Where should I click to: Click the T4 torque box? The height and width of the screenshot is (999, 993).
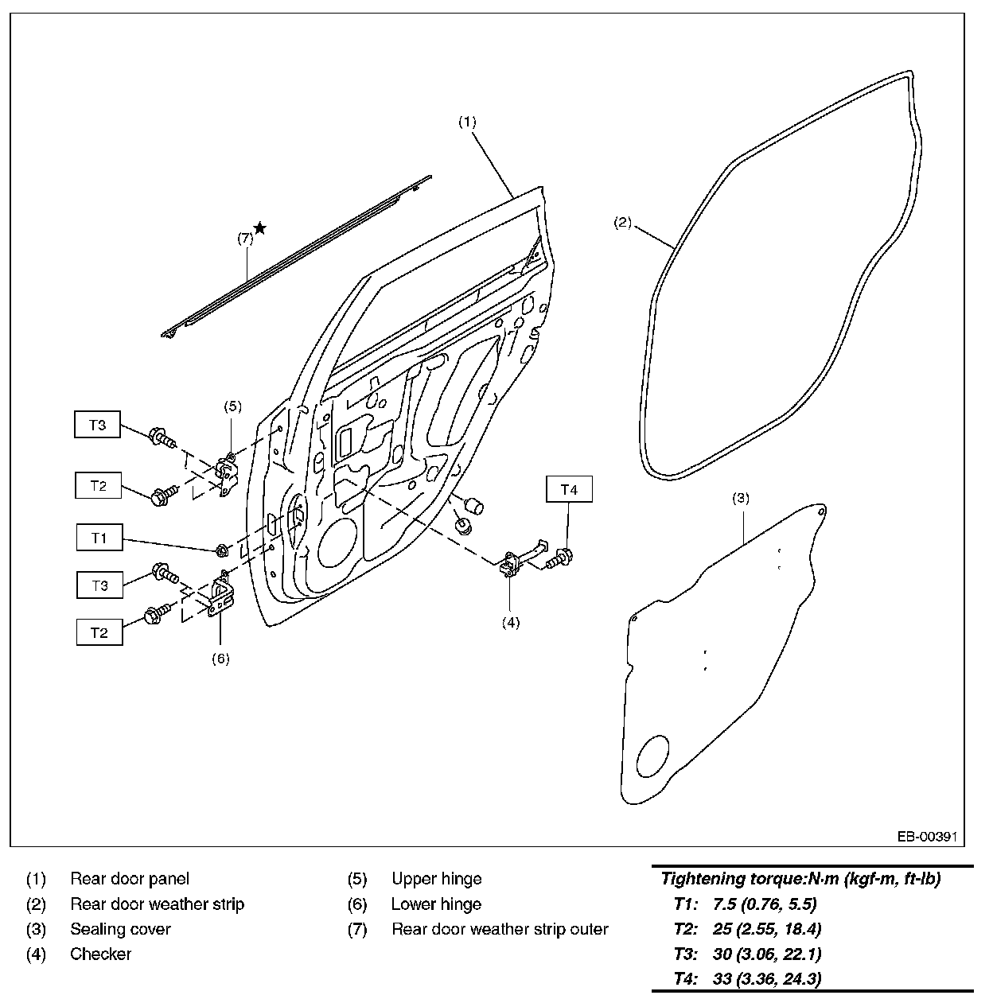[x=569, y=490]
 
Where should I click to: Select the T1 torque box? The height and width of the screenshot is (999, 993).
[x=99, y=538]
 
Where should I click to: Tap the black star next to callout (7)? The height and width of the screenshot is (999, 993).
[x=259, y=228]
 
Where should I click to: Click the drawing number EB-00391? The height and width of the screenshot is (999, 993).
[x=926, y=837]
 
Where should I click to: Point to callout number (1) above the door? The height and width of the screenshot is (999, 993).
[x=467, y=122]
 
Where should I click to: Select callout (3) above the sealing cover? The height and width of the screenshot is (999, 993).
[x=740, y=499]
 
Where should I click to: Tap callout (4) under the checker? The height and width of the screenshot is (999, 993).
[x=510, y=622]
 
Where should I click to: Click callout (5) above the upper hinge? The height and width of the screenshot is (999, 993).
[x=232, y=406]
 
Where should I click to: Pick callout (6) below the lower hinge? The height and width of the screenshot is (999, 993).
[x=220, y=659]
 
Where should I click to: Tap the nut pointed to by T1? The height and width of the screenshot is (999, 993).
[x=222, y=549]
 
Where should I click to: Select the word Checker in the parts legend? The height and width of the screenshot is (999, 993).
[x=100, y=954]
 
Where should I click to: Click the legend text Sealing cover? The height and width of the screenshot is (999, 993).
[x=120, y=929]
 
